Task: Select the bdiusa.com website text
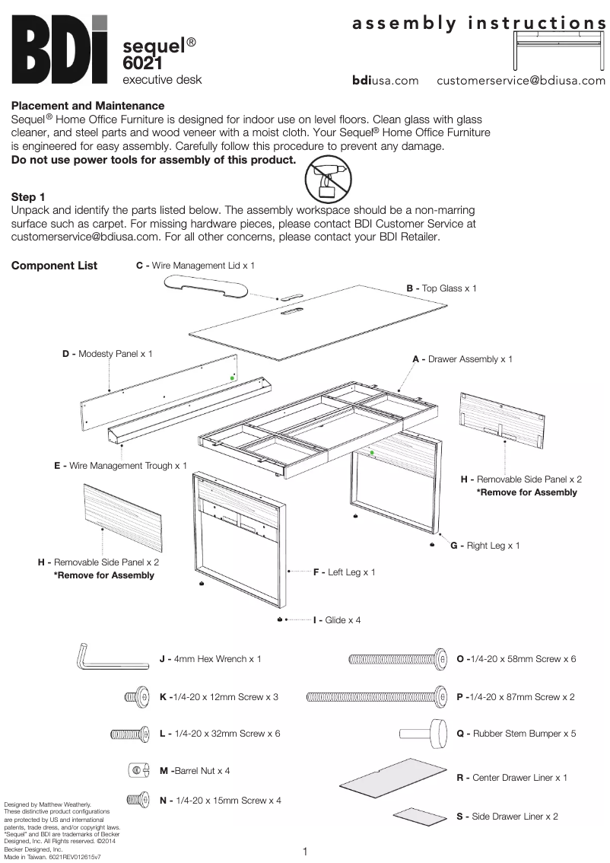pyautogui.click(x=385, y=81)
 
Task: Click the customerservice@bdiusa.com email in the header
pyautogui.click(x=521, y=81)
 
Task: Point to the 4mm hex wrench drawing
pyautogui.click(x=110, y=657)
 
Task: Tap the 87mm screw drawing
pyautogui.click(x=376, y=696)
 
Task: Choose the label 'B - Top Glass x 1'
pyautogui.click(x=441, y=288)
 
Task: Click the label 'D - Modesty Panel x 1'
pyautogui.click(x=107, y=354)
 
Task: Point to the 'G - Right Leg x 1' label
pyautogui.click(x=485, y=546)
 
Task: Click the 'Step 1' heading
pyautogui.click(x=28, y=197)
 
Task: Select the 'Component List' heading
pyautogui.click(x=54, y=266)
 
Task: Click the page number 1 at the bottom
pyautogui.click(x=304, y=851)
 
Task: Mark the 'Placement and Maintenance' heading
pyautogui.click(x=87, y=106)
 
